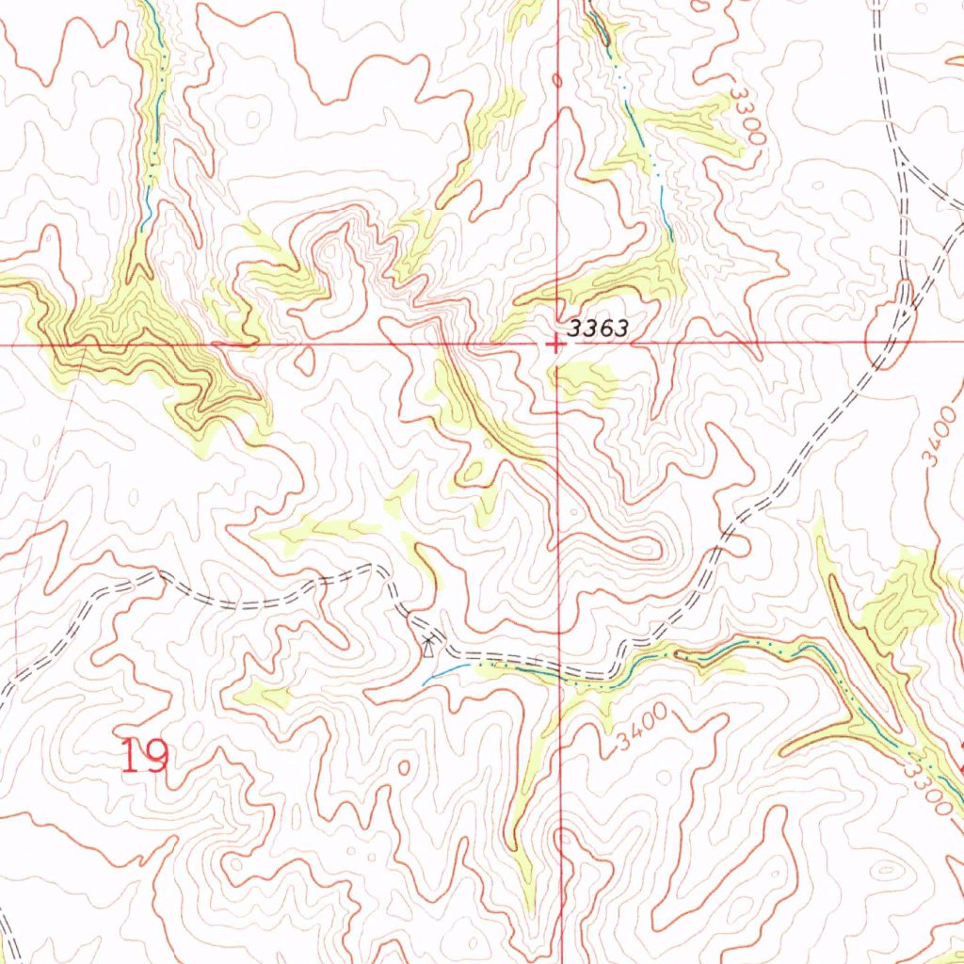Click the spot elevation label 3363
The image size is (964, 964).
[598, 329]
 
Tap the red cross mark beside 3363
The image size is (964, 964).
[557, 345]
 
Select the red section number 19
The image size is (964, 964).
[146, 756]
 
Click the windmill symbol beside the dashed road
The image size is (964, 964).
[429, 645]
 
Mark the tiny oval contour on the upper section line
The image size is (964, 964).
[557, 81]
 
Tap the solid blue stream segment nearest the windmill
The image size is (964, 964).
[447, 670]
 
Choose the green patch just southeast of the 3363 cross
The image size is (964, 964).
[582, 378]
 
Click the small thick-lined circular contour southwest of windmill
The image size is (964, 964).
[404, 768]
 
